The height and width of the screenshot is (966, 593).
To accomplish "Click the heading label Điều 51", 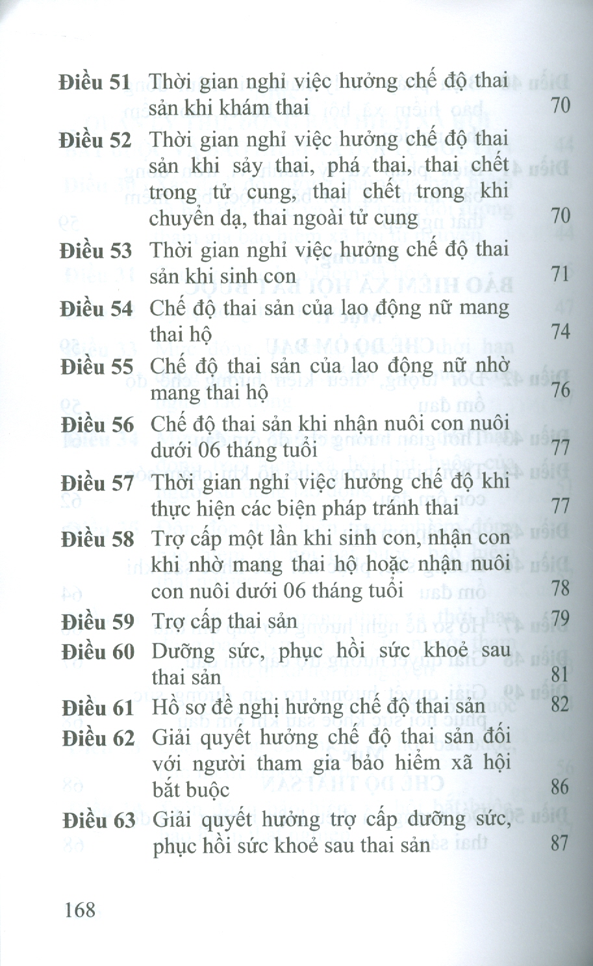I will pyautogui.click(x=94, y=83).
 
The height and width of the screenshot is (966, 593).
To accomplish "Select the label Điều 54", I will pyautogui.click(x=96, y=309).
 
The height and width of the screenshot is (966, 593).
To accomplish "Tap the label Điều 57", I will pyautogui.click(x=97, y=484).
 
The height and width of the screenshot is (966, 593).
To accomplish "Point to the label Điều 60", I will pyautogui.click(x=97, y=651).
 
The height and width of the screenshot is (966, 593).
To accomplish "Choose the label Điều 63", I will pyautogui.click(x=99, y=820).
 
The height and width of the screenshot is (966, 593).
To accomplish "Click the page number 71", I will pyautogui.click(x=560, y=274).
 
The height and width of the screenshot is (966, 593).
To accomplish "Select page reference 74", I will pyautogui.click(x=560, y=332).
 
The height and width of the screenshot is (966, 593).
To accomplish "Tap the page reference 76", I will pyautogui.click(x=560, y=390).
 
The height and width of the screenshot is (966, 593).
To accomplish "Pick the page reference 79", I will pyautogui.click(x=560, y=618).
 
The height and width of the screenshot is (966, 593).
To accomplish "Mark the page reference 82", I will pyautogui.click(x=559, y=704).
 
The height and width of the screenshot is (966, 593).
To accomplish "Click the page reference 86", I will pyautogui.click(x=559, y=788).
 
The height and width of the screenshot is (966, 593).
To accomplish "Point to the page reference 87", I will pyautogui.click(x=559, y=844).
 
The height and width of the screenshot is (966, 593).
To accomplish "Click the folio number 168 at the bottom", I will pyautogui.click(x=80, y=909).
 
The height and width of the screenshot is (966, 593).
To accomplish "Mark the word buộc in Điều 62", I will pyautogui.click(x=206, y=790).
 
